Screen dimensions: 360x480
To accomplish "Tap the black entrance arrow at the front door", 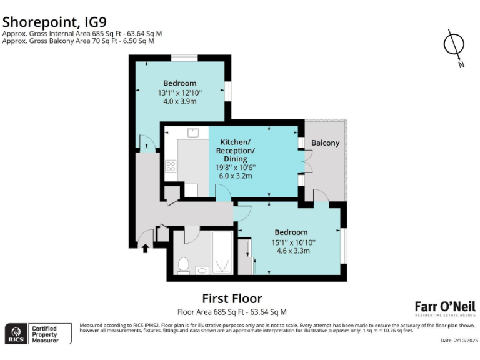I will pyautogui.click(x=146, y=248).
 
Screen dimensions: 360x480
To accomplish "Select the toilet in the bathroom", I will pyautogui.click(x=183, y=266).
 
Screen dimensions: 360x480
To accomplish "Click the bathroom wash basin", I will pyautogui.click(x=203, y=271).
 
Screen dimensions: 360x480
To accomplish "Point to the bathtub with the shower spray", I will pyautogui.click(x=222, y=253).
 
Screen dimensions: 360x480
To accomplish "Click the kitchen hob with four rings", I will pyautogui.click(x=171, y=166).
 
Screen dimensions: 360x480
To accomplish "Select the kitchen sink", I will pyautogui.click(x=192, y=132).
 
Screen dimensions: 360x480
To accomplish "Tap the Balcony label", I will pyautogui.click(x=325, y=143).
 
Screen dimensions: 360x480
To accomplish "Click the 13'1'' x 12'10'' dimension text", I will pyautogui.click(x=180, y=92).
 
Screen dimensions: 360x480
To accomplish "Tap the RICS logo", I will pyautogui.click(x=15, y=334).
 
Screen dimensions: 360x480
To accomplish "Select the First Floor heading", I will pyautogui.click(x=232, y=299).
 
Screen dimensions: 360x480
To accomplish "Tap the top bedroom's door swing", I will pyautogui.click(x=144, y=143).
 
